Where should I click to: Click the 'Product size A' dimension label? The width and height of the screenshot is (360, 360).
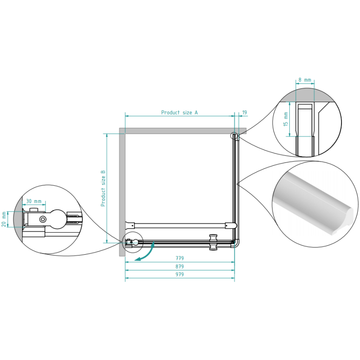pos(179,112)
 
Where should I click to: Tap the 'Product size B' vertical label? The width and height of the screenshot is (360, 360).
pos(103,188)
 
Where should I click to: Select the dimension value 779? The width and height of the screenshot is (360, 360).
pos(180,258)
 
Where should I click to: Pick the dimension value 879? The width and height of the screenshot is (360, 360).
pos(180,266)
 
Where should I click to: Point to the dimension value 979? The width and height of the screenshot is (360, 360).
pos(180,274)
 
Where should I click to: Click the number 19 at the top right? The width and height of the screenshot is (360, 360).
pos(244,112)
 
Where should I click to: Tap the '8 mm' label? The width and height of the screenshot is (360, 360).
pos(305,80)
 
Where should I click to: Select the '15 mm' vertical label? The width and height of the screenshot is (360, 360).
pos(286,119)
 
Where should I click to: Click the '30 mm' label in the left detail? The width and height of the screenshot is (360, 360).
pos(34,201)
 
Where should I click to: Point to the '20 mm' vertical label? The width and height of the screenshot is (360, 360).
pos(4,219)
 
